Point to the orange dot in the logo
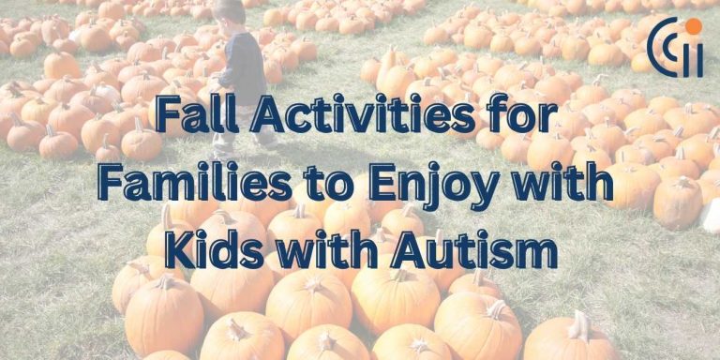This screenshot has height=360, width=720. [693, 26]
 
